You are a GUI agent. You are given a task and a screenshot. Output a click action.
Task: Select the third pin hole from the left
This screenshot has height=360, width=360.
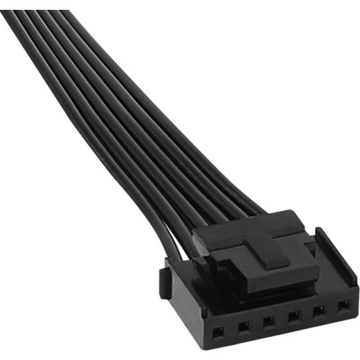click(268, 322)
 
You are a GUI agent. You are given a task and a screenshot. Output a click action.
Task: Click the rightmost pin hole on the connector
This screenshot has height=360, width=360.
click(342, 307)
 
